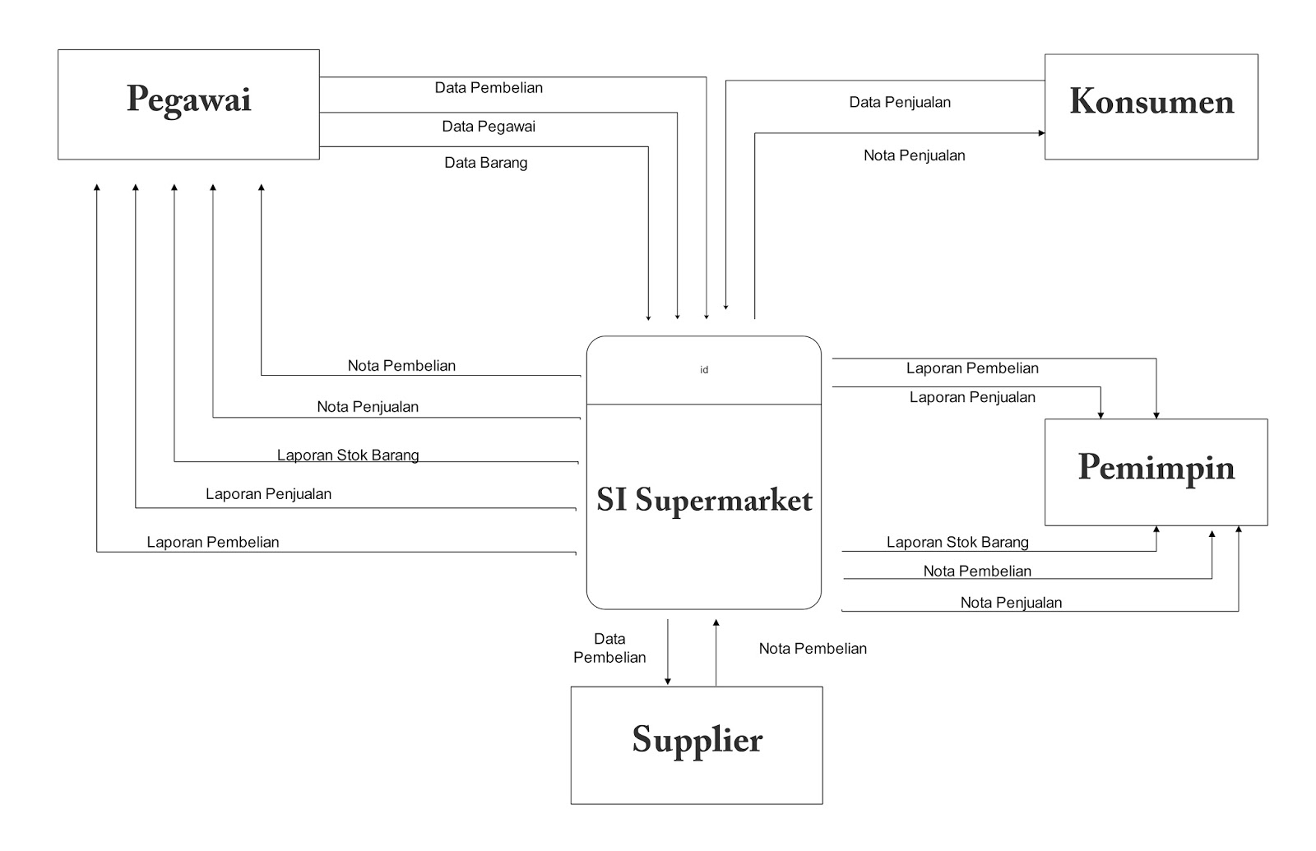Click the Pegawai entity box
(x=188, y=104)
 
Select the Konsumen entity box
(x=1151, y=106)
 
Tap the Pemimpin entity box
(x=1156, y=471)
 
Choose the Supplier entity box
(x=697, y=744)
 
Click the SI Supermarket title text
(x=704, y=500)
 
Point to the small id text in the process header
(x=704, y=370)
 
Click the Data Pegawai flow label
(x=489, y=127)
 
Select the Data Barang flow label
(x=486, y=163)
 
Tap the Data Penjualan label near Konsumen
(x=900, y=103)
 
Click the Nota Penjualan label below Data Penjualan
(x=914, y=155)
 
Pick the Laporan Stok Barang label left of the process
(x=348, y=456)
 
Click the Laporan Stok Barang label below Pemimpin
(x=957, y=543)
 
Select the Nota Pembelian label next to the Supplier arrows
(x=813, y=649)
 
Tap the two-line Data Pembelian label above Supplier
(x=609, y=648)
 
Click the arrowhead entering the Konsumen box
(x=1041, y=133)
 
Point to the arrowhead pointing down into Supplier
(x=668, y=681)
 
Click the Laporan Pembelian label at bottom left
(x=213, y=543)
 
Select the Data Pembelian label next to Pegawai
(x=489, y=88)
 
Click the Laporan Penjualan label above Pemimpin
(x=972, y=398)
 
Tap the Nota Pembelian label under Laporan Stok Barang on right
(x=977, y=571)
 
